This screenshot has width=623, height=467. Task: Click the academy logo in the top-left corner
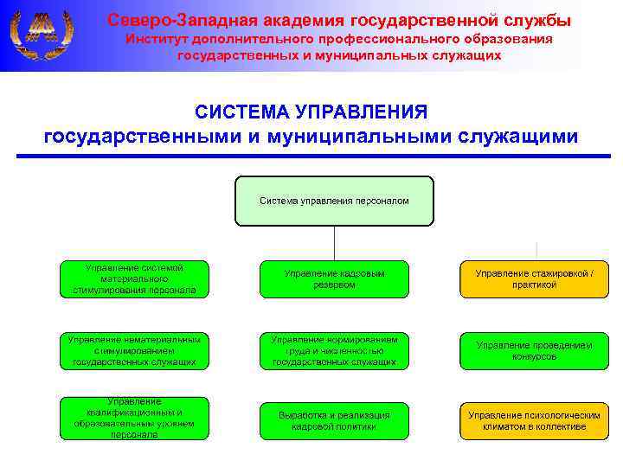click(x=40, y=34)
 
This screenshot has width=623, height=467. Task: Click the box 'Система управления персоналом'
click(x=334, y=201)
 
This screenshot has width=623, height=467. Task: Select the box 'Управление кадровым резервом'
click(x=334, y=278)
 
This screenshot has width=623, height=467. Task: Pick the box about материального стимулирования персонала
click(x=134, y=278)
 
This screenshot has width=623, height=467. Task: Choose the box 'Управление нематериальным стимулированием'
click(x=134, y=350)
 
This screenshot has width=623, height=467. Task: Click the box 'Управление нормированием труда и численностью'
click(x=334, y=350)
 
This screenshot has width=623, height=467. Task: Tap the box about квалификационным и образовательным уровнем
click(x=134, y=419)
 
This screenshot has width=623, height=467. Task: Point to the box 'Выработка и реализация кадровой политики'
click(x=334, y=420)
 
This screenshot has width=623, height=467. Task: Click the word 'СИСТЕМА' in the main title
click(x=241, y=112)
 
